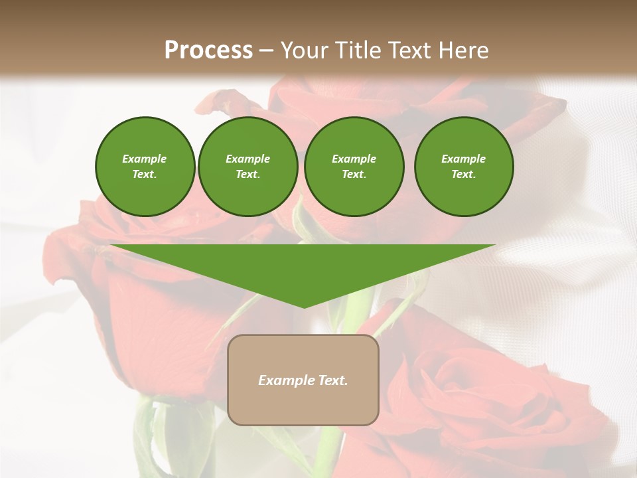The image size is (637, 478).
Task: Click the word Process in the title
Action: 208,50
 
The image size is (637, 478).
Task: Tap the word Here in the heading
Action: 464,50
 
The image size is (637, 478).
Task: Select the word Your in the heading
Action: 303,50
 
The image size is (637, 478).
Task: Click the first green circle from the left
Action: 145,166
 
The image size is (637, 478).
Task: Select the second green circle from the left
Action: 248,166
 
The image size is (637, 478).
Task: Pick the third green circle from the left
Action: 354,166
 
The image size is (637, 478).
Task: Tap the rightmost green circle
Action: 464,166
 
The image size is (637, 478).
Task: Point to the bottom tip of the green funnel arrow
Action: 304,307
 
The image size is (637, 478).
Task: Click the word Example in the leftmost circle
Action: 145,159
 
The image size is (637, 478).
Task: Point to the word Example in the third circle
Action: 354,159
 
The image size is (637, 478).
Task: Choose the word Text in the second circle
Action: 247,175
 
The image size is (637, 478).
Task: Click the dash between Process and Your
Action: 266,50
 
